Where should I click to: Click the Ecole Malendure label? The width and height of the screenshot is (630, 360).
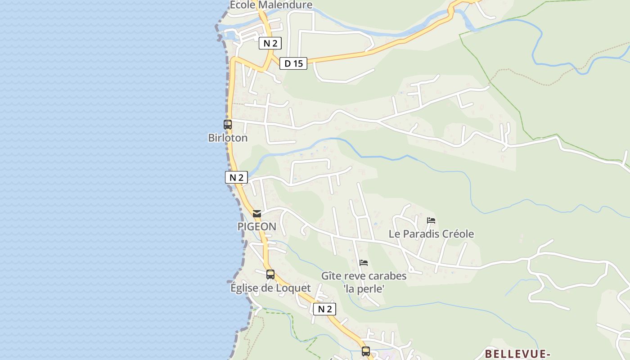pos(271,5)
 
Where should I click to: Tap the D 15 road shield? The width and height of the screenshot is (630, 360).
pos(293,63)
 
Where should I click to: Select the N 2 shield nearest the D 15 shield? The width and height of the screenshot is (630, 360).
pos(270,43)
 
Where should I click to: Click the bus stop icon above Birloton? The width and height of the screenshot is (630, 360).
pos(228,125)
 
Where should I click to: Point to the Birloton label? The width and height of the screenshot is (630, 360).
pos(228,138)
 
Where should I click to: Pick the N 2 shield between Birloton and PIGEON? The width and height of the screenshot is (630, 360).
pos(236,177)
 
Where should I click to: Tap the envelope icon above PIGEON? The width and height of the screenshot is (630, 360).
pos(257,214)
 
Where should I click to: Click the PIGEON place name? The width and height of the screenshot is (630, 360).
pos(257,226)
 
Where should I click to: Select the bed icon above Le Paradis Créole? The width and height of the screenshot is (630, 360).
pos(431,220)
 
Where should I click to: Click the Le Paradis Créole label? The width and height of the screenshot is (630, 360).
pos(431,234)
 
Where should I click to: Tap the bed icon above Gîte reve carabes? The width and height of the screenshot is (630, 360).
pos(364,263)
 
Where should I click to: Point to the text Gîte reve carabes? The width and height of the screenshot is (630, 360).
pos(364,275)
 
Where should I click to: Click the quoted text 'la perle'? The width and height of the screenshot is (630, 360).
pos(364,288)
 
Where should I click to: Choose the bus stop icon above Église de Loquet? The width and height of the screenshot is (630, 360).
pos(270,274)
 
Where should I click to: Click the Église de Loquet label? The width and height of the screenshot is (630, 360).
pos(270,288)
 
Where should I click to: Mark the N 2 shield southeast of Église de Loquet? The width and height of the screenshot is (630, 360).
pos(324,309)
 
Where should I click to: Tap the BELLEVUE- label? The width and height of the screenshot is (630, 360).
pos(517,354)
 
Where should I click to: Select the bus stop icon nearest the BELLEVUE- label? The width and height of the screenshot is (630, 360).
pos(366,351)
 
